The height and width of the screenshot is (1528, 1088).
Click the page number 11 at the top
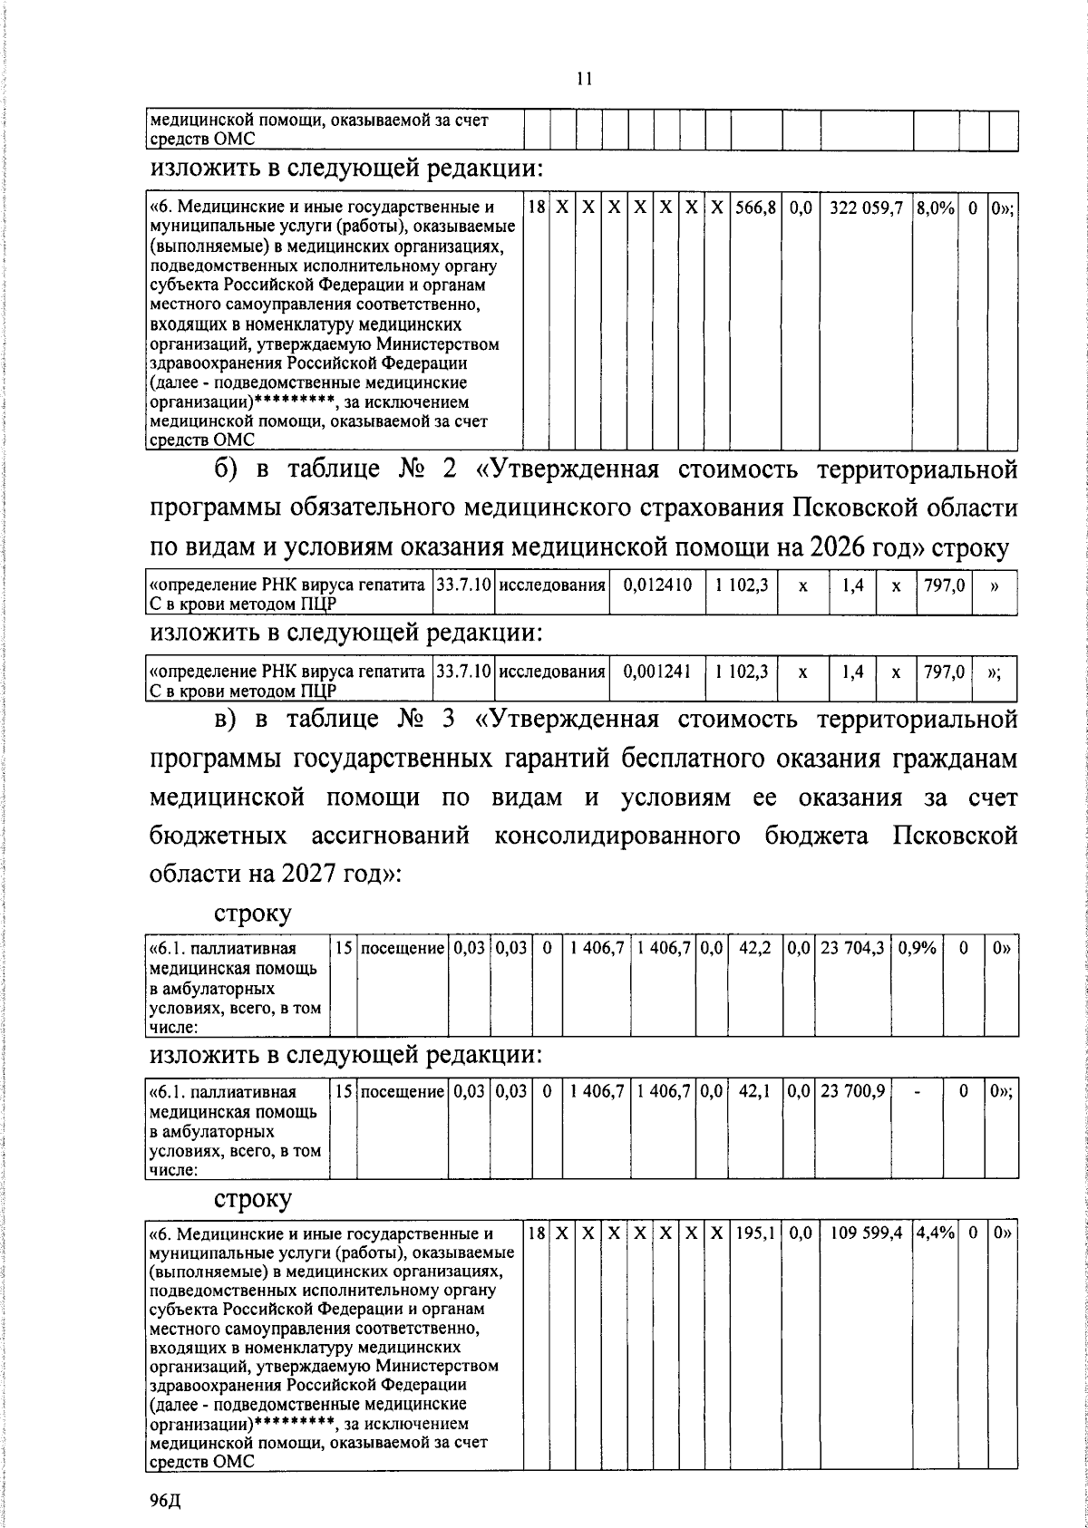tap(584, 79)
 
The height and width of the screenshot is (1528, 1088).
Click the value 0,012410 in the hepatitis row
tap(658, 585)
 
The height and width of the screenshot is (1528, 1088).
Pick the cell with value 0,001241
tap(658, 672)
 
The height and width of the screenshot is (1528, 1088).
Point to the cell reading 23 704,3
tap(853, 948)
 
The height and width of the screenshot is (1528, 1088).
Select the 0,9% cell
tap(917, 948)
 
